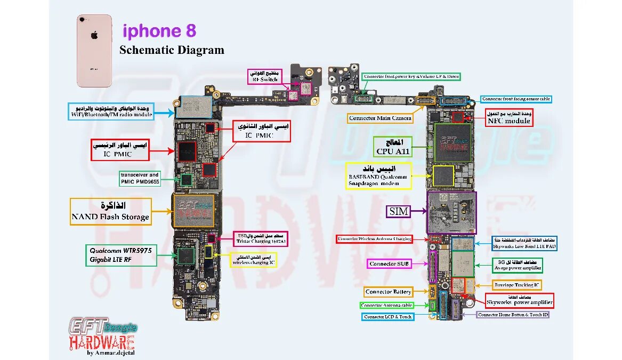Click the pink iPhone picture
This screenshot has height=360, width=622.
[x=94, y=51]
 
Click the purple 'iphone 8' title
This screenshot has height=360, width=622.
[x=159, y=31]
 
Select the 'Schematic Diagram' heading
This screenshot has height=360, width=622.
[x=172, y=50]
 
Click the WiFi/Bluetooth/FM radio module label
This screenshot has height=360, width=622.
[x=111, y=111]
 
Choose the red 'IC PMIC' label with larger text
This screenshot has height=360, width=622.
[x=120, y=149]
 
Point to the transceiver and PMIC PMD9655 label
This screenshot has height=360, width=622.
[x=140, y=178]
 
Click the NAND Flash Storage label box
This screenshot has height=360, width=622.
[x=111, y=211]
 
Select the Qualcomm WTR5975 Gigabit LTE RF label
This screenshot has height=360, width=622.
[x=121, y=255]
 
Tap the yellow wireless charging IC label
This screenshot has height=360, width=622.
[x=253, y=260]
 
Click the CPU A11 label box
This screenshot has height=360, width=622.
[x=393, y=147]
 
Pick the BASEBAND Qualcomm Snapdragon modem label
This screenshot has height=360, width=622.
[x=378, y=175]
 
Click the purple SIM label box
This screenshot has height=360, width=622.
[x=399, y=211]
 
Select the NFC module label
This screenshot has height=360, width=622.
[x=508, y=117]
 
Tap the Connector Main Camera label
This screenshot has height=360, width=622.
[x=380, y=118]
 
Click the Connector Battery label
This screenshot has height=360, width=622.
[x=388, y=292]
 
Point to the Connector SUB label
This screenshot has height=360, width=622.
[x=390, y=264]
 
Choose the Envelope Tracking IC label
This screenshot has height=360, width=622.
[x=516, y=285]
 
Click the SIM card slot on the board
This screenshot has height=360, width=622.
[x=451, y=213]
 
